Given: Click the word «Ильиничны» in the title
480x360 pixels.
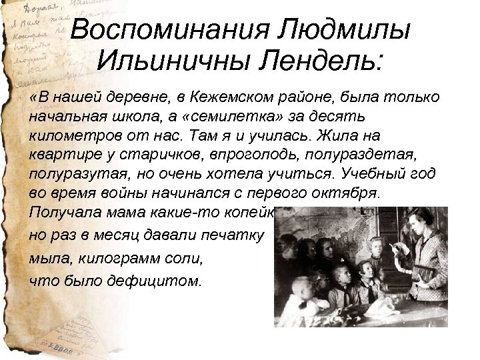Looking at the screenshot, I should pos(171,63).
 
